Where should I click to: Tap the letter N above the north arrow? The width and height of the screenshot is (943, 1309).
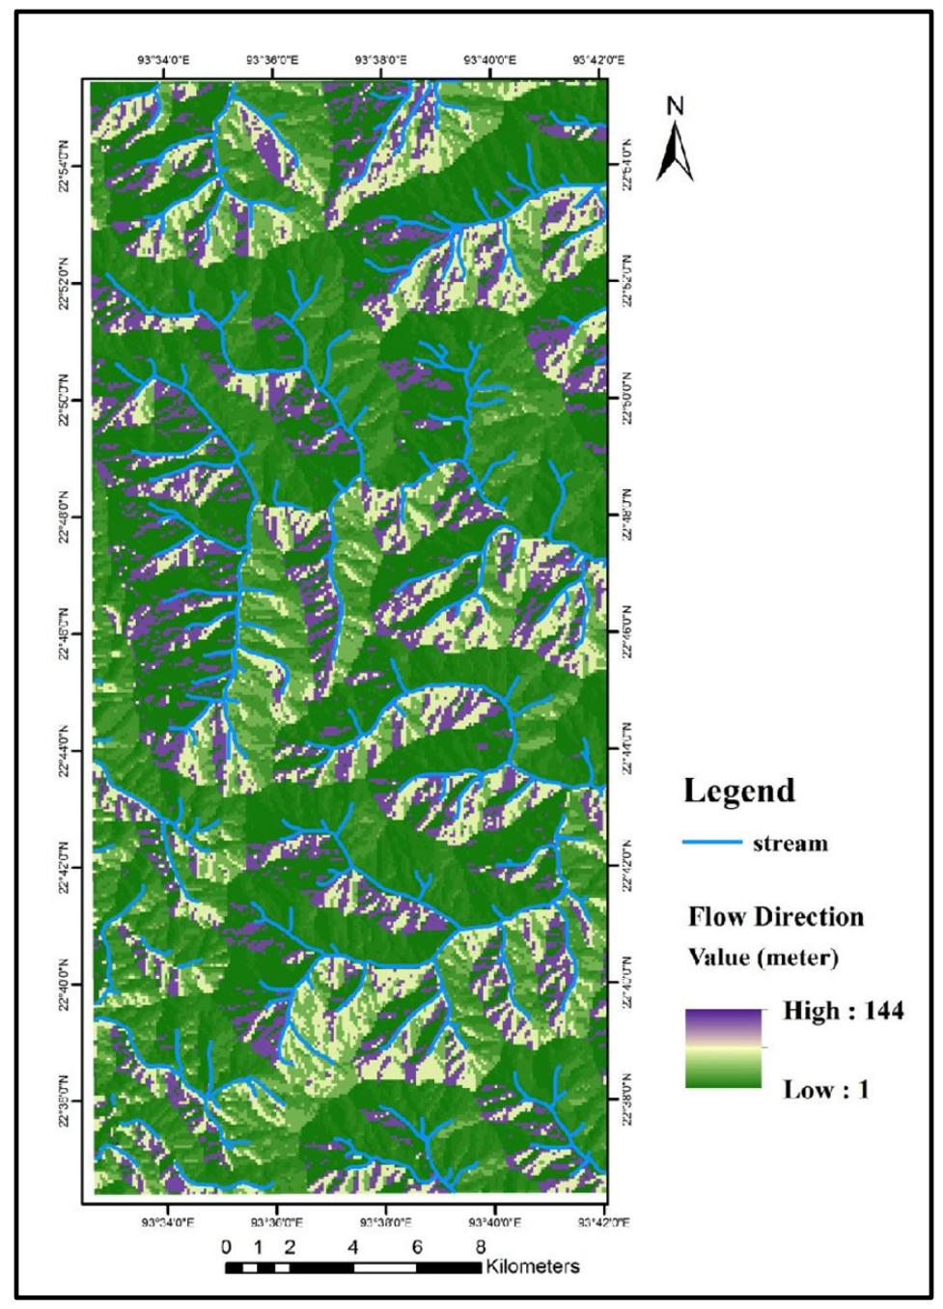pos(677,107)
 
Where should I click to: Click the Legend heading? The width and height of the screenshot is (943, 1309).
pos(739,791)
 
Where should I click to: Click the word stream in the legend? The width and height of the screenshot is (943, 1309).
pos(790,844)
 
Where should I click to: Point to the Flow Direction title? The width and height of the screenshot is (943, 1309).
pos(776,916)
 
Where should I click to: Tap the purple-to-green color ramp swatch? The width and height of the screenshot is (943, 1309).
pos(723,1048)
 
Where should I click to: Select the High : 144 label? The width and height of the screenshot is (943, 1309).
pos(843,1011)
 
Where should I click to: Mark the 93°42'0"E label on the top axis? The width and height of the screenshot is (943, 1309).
pos(595,60)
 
